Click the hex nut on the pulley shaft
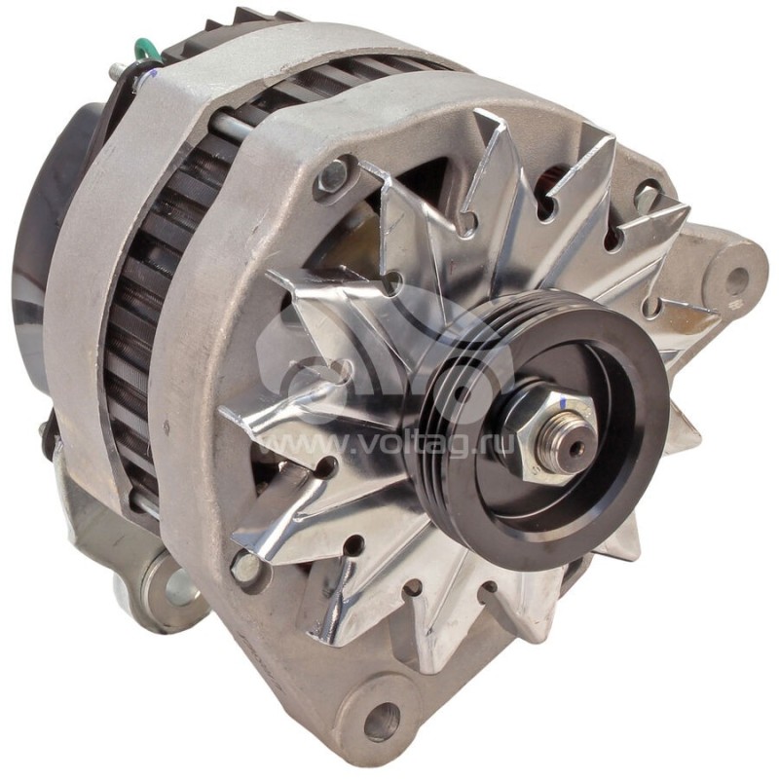click(x=546, y=433)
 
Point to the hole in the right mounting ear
click(x=739, y=277)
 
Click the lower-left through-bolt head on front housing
click(x=247, y=567)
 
